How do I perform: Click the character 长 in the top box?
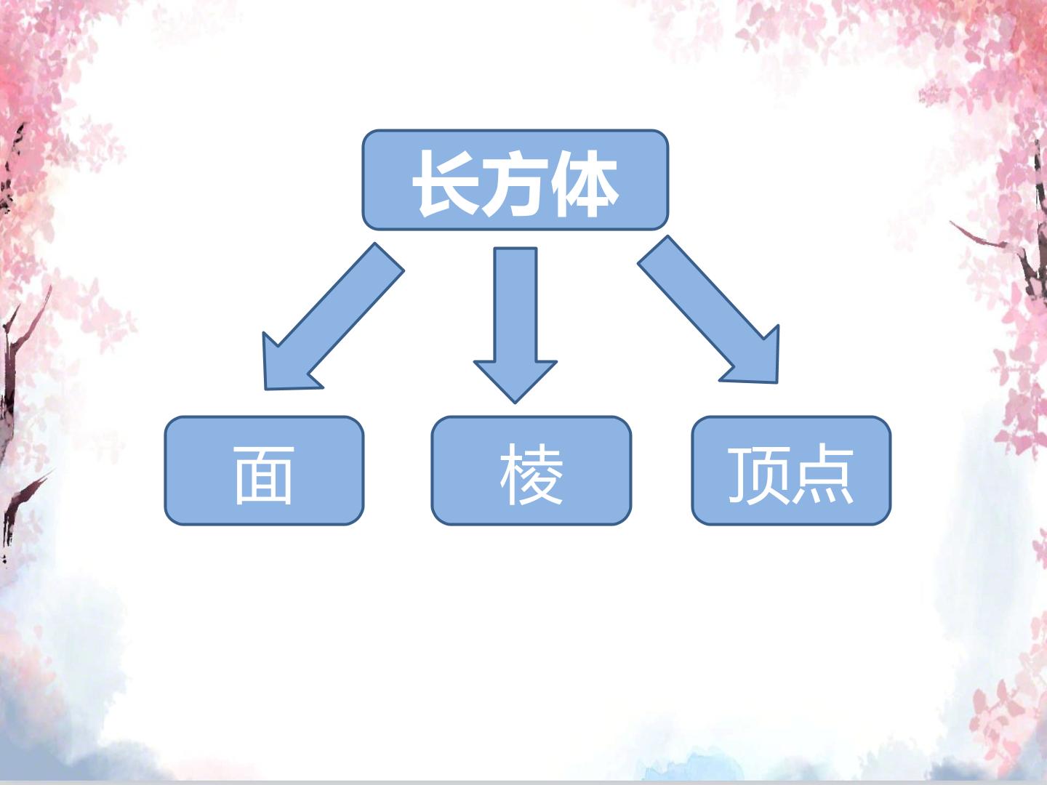coord(446,182)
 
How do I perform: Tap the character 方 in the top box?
coord(516,183)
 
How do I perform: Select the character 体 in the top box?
coord(585,183)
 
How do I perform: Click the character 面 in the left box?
coord(264,475)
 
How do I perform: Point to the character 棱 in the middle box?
coord(531,474)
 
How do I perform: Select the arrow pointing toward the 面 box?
coord(333,317)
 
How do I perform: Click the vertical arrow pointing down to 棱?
coord(516,325)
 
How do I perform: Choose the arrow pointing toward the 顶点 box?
coord(709,310)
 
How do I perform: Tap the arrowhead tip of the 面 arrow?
coord(265,390)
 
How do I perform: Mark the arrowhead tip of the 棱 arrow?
coord(516,403)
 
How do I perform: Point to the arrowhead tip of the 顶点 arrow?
coord(777,383)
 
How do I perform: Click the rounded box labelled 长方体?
coord(516,180)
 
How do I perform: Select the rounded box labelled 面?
coord(264,471)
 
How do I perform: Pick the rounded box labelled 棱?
coord(531,471)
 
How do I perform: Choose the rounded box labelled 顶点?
coord(791,471)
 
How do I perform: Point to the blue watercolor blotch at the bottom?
coord(691,768)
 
